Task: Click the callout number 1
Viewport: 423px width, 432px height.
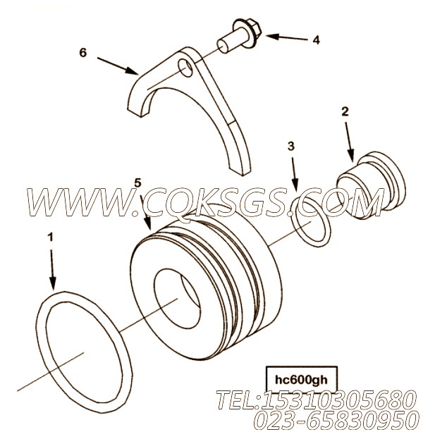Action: coord(51,237)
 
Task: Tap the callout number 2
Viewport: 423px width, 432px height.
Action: coord(345,111)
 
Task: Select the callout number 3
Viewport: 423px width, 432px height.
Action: coord(291,147)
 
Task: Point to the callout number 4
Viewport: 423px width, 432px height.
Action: coord(316,40)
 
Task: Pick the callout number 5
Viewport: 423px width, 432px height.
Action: coord(137,183)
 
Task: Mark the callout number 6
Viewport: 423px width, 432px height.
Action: coord(83,52)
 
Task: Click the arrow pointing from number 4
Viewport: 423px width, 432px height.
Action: coord(287,37)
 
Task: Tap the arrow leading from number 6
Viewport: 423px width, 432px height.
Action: coord(118,66)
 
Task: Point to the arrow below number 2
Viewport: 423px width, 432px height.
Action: coord(349,142)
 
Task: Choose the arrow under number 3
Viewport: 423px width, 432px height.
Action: coord(294,174)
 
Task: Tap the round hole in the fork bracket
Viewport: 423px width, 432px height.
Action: coord(185,68)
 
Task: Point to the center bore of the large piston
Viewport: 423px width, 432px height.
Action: coord(177,299)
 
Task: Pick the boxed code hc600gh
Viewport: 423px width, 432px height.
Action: coord(301,381)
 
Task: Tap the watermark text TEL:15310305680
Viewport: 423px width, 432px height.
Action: coord(315,400)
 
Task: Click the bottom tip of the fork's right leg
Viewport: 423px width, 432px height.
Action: coord(243,174)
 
